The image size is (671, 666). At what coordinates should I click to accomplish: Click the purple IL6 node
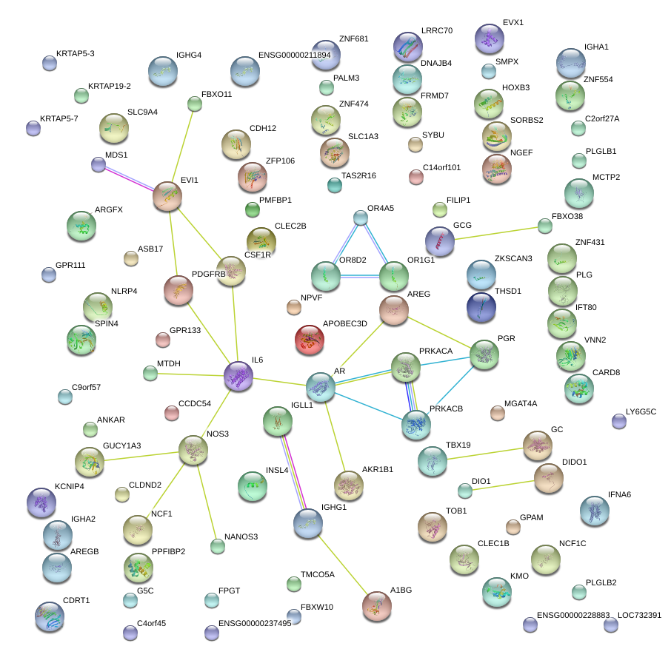pyautogui.click(x=238, y=376)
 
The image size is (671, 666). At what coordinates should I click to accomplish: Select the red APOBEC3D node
pyautogui.click(x=310, y=340)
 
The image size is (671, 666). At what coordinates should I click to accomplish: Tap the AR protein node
pyautogui.click(x=321, y=386)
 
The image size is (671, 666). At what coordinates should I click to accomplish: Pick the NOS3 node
pyautogui.click(x=193, y=449)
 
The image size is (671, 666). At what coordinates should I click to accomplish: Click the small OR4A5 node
pyautogui.click(x=361, y=218)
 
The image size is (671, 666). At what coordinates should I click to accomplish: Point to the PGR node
pyautogui.click(x=484, y=354)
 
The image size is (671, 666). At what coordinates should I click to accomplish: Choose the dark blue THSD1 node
pyautogui.click(x=481, y=308)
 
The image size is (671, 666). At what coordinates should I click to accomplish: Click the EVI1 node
pyautogui.click(x=167, y=197)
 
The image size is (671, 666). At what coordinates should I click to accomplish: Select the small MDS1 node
pyautogui.click(x=99, y=164)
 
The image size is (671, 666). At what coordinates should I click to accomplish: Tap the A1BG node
pyautogui.click(x=377, y=606)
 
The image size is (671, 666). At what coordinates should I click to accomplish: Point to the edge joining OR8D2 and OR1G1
pyautogui.click(x=359, y=276)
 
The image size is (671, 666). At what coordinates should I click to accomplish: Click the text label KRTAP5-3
pyautogui.click(x=76, y=54)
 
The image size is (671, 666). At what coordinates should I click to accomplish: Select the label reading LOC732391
pyautogui.click(x=639, y=615)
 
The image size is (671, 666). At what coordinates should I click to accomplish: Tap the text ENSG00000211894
pyautogui.click(x=295, y=55)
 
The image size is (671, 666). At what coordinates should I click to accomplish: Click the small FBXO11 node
pyautogui.click(x=195, y=104)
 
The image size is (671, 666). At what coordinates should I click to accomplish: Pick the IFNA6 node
pyautogui.click(x=594, y=510)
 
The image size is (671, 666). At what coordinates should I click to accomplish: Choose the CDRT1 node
pyautogui.click(x=50, y=616)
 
